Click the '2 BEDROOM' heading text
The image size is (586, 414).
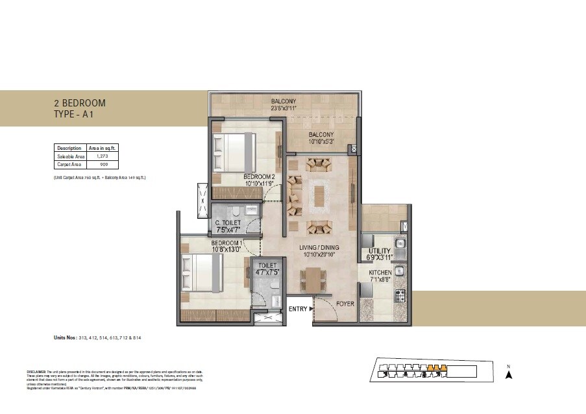click(79, 103)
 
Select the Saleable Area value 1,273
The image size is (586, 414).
click(101, 156)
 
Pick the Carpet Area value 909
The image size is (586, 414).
click(101, 165)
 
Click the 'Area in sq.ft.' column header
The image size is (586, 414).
click(101, 148)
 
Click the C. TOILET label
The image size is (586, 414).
click(228, 223)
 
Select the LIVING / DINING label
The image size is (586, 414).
click(319, 248)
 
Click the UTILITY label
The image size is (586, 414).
click(380, 250)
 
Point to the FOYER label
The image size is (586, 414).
click(345, 303)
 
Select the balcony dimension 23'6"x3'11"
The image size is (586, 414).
click(283, 108)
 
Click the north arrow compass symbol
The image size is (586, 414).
click(509, 373)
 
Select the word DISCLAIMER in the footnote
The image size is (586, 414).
click(36, 371)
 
